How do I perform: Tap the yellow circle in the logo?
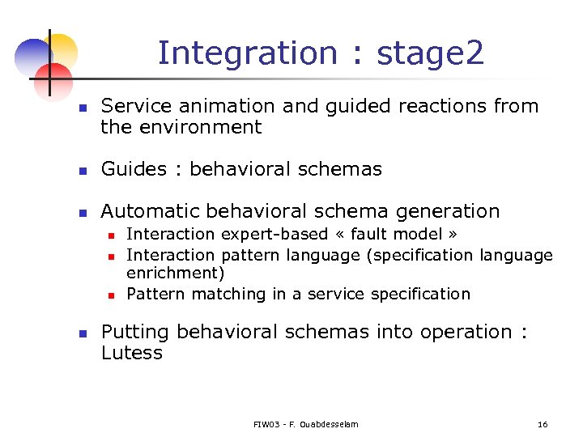(62, 49)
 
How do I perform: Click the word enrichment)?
(176, 274)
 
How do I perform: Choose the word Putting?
(135, 332)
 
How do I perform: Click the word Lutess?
(132, 353)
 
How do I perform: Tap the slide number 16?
(543, 424)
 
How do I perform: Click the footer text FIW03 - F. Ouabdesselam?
(305, 424)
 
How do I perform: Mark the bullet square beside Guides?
(81, 171)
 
